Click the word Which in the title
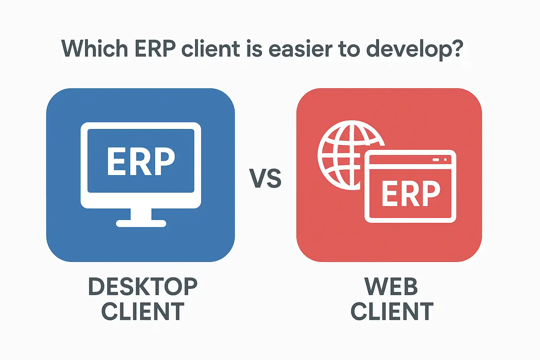pyautogui.click(x=95, y=49)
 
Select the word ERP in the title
pyautogui.click(x=155, y=49)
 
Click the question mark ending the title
pyautogui.click(x=456, y=49)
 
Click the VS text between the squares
pyautogui.click(x=265, y=178)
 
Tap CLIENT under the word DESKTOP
pyautogui.click(x=143, y=311)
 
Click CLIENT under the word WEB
pyautogui.click(x=392, y=311)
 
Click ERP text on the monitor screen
pyautogui.click(x=141, y=161)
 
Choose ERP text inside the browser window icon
pyautogui.click(x=411, y=194)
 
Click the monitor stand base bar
pyautogui.click(x=141, y=224)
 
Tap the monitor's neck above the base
pyautogui.click(x=141, y=214)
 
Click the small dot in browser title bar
pyautogui.click(x=445, y=160)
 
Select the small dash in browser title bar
pyautogui.click(x=436, y=160)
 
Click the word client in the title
pyautogui.click(x=211, y=49)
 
